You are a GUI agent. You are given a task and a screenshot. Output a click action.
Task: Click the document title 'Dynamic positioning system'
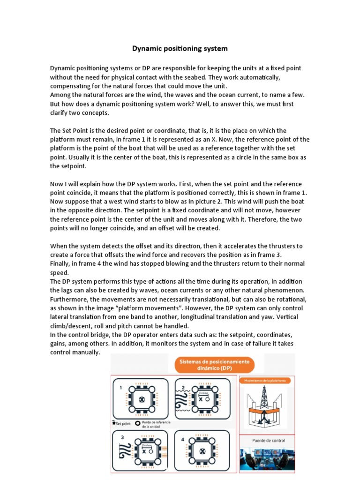[180, 48]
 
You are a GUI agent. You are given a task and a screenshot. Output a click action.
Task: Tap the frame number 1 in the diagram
[120, 388]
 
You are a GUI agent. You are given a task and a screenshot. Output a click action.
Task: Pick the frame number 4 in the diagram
[182, 439]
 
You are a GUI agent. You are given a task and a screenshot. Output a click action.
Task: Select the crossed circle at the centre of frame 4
[202, 451]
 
